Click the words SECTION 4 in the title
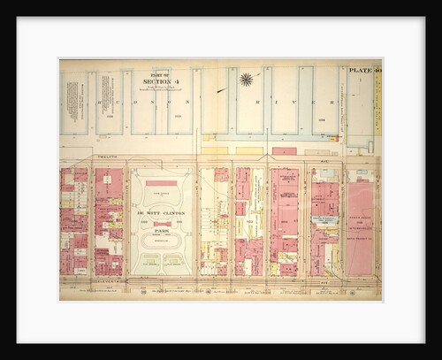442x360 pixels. tap(164, 81)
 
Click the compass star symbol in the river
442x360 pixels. tap(246, 80)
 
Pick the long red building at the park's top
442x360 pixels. tap(160, 182)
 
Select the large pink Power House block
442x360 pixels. tap(360, 230)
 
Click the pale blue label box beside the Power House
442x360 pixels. tap(325, 218)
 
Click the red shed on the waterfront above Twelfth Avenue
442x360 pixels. tap(284, 151)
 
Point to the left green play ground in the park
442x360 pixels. tap(147, 260)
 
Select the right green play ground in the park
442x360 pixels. tap(174, 260)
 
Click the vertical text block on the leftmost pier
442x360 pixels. tap(72, 97)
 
